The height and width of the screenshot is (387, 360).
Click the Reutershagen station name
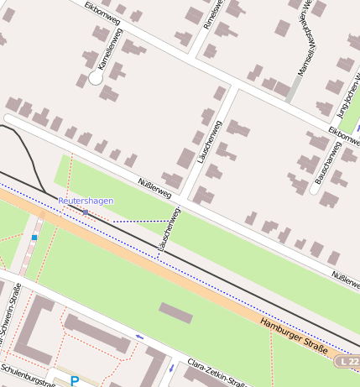pos(86,201)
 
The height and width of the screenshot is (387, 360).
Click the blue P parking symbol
pos(75,381)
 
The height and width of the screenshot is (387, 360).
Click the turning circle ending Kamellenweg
pos(96,77)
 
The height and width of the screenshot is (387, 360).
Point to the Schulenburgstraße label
pos(28,370)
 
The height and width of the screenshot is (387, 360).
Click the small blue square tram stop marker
pos(34,238)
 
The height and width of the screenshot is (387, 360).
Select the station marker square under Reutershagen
pos(86,212)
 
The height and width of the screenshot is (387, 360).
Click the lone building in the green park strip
pos(175,312)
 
